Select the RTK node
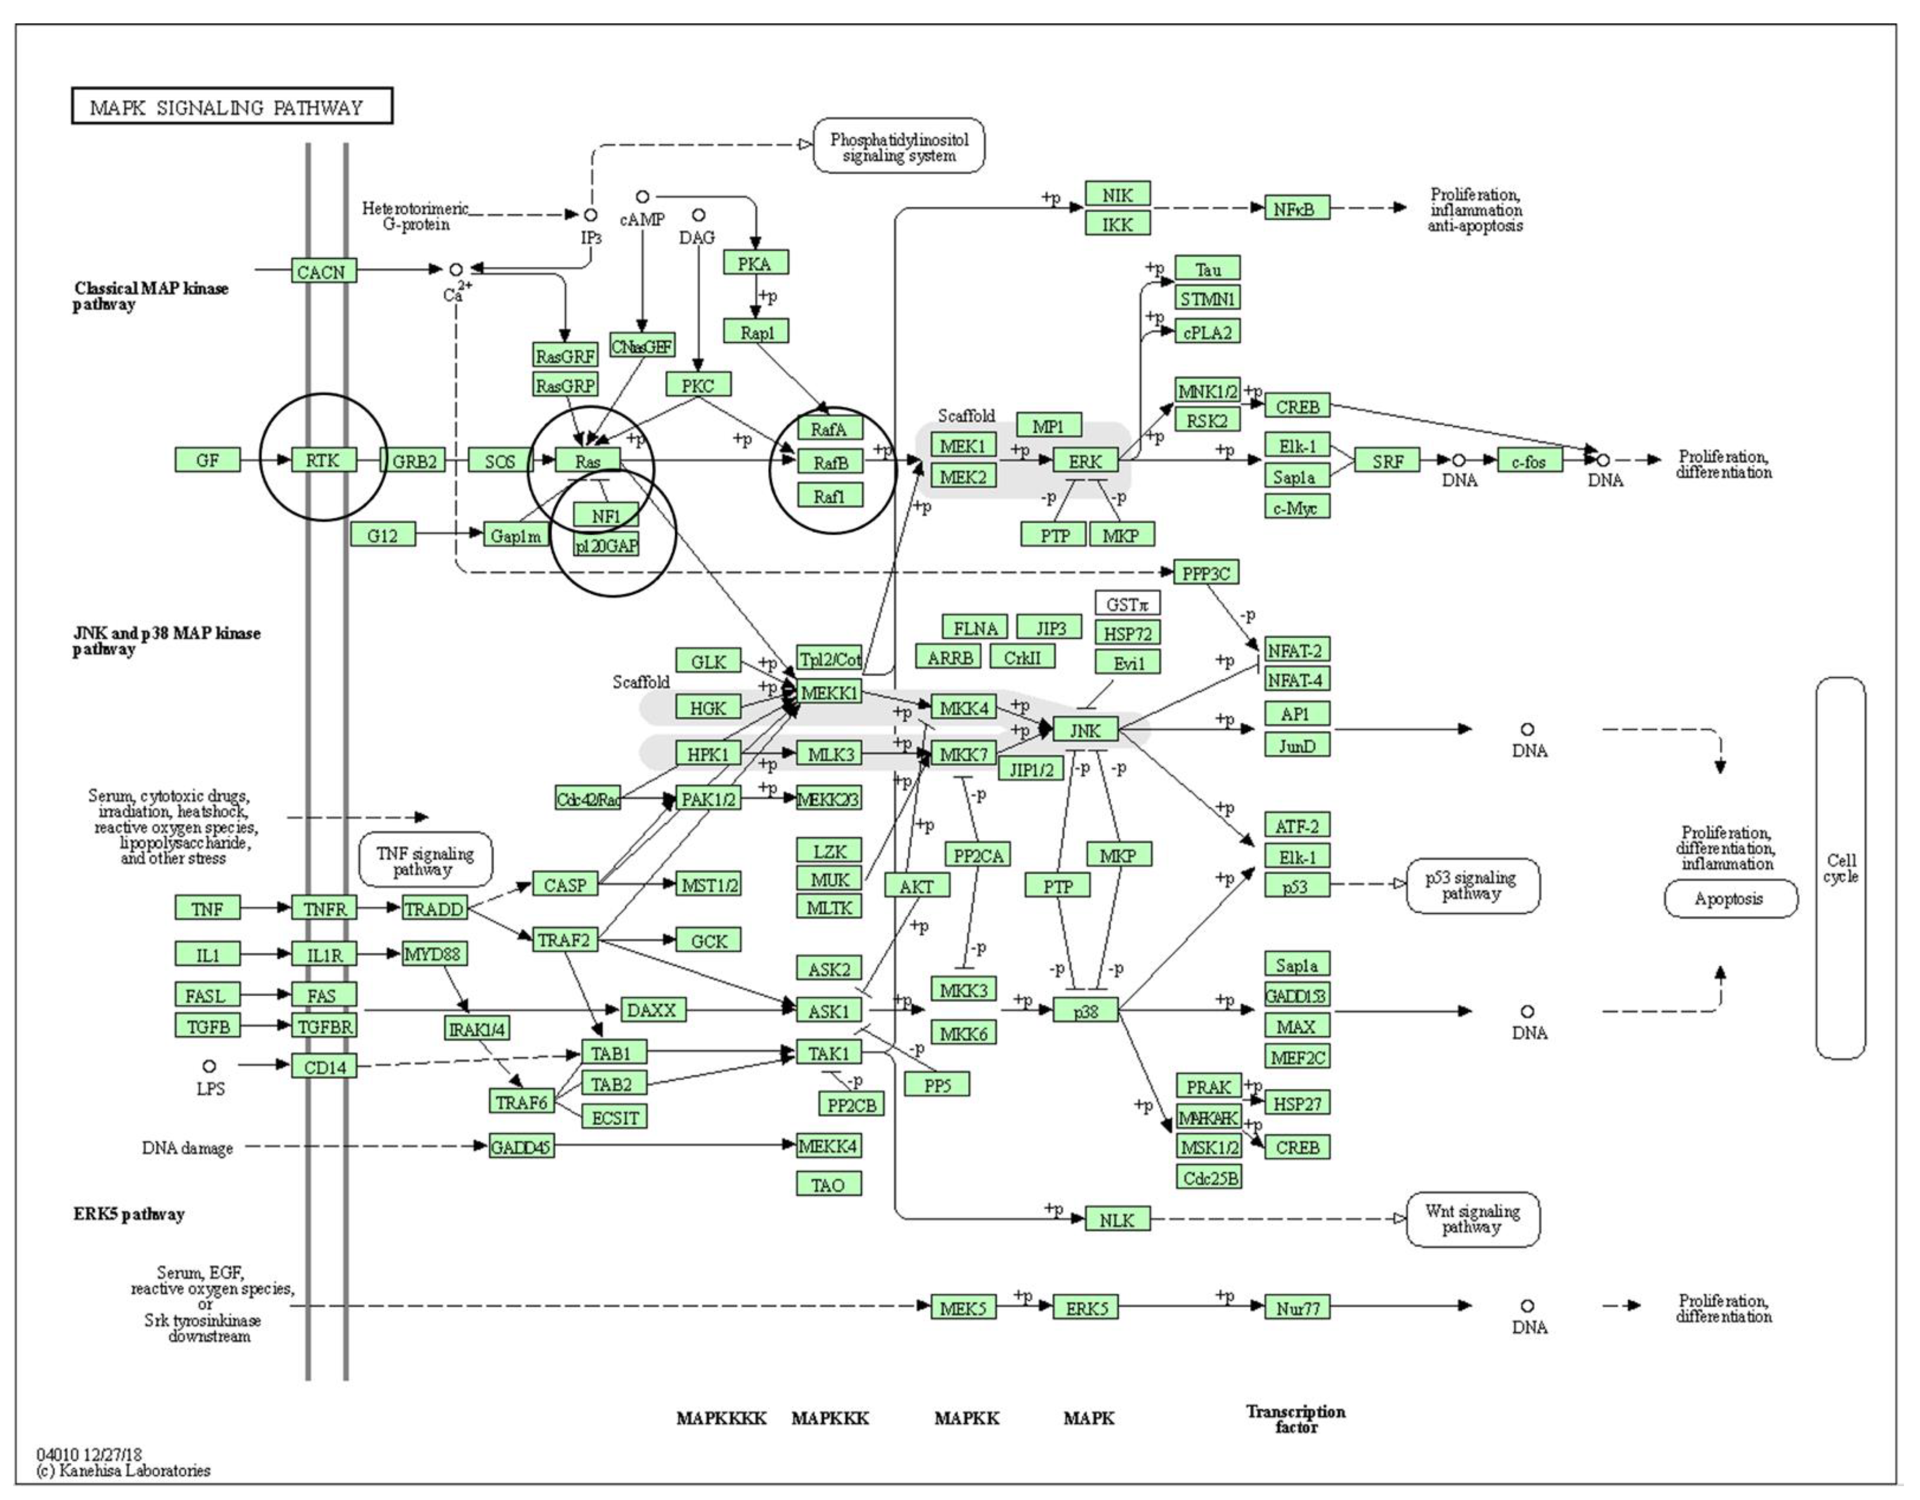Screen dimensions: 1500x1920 (323, 460)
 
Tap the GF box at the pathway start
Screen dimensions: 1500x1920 (208, 460)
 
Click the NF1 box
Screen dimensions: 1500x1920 (606, 516)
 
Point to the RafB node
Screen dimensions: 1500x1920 (830, 462)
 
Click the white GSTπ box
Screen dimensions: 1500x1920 (1127, 604)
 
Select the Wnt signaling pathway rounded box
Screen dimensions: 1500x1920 (1473, 1219)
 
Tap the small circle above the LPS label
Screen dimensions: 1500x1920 (209, 1066)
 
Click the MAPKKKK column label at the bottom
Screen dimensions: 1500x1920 (721, 1418)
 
